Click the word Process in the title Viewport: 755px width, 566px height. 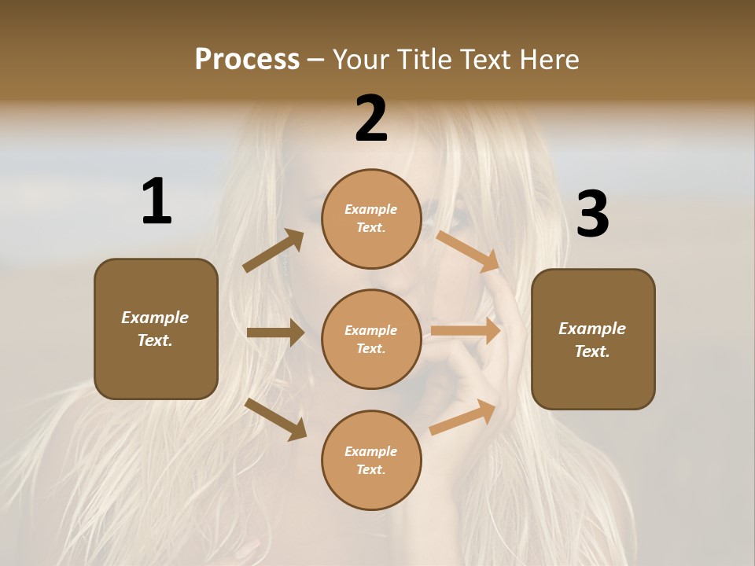coord(247,60)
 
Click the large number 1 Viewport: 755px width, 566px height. coord(157,202)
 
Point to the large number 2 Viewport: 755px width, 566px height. coord(371,119)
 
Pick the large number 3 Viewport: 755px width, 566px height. coord(592,215)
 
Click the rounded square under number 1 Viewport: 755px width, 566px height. coord(156,329)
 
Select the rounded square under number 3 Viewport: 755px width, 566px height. coord(593,339)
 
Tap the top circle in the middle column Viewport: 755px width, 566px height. coord(371,219)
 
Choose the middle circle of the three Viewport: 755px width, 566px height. coord(371,339)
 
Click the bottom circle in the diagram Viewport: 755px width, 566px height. coord(371,460)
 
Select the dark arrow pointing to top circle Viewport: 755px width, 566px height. coord(274,251)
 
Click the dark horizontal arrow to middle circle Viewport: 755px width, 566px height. coord(275,333)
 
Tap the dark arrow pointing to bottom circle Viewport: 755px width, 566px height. coord(276,418)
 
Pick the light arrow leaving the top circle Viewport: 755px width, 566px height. coord(469,251)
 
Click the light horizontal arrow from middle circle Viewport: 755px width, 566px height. coord(466,331)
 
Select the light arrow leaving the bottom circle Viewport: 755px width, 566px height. coord(463,417)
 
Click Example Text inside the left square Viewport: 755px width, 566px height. coord(155,329)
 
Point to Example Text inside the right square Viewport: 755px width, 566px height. coord(592,340)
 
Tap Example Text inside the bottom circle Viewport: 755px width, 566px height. coord(370,460)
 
